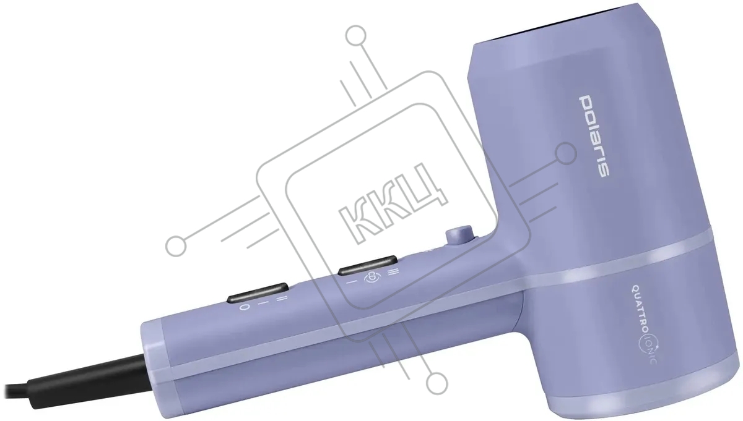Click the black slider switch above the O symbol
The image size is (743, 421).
[x=258, y=292]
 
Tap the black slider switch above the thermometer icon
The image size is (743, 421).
[x=368, y=265]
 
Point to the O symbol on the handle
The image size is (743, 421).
[x=245, y=307]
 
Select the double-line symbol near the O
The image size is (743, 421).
[x=281, y=298]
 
